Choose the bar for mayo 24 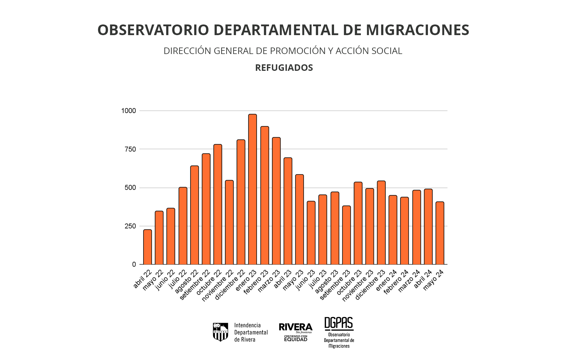(x=440, y=233)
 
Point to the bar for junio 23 (x=311, y=233)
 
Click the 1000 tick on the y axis (x=128, y=111)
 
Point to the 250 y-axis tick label (x=130, y=226)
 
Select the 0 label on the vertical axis (x=134, y=265)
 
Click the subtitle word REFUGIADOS (x=284, y=68)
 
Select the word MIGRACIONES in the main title (x=418, y=30)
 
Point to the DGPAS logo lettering (x=339, y=323)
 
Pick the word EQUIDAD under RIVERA (x=296, y=340)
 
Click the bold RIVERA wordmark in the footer (x=296, y=327)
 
